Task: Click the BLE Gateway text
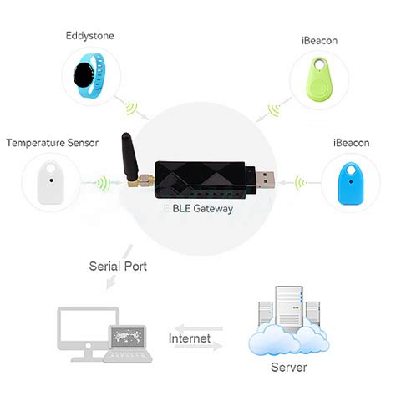[200, 209]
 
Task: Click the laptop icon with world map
[130, 343]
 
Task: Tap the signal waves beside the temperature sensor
[99, 182]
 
